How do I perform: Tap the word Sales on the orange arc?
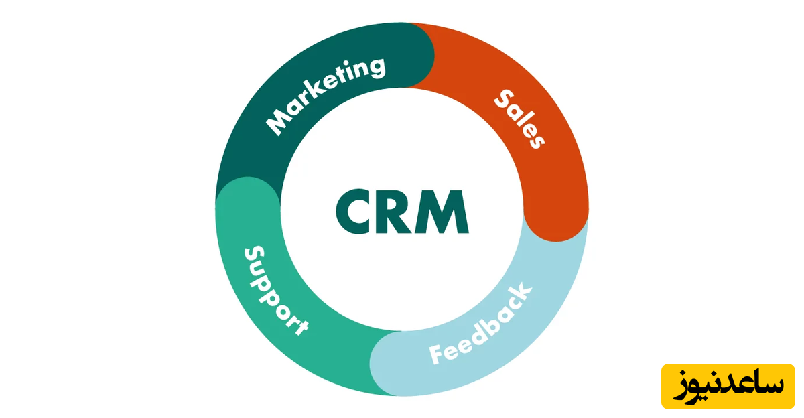(x=520, y=119)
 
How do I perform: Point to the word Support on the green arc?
(x=275, y=290)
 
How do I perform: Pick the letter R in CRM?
(x=397, y=212)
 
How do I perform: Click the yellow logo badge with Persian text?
(x=728, y=387)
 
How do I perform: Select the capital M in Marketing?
(x=279, y=123)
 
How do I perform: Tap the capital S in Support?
(x=253, y=255)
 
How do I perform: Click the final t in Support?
(x=299, y=328)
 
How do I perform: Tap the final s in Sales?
(x=534, y=140)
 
